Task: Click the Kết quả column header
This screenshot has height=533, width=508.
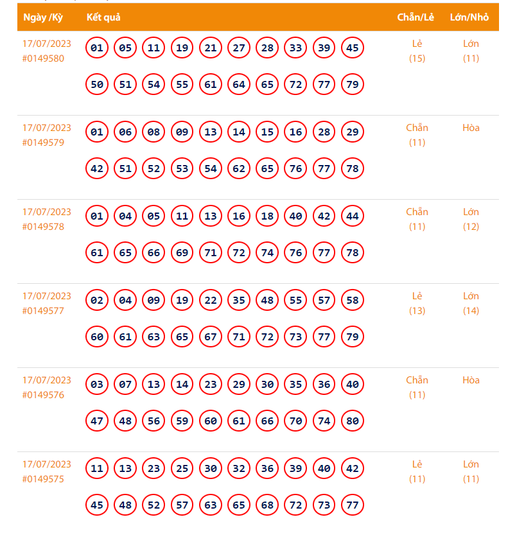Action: click(103, 17)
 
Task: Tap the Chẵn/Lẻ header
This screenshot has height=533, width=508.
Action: click(416, 17)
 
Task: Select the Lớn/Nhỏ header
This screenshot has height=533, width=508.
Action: click(469, 17)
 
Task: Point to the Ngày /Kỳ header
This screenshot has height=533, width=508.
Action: click(43, 17)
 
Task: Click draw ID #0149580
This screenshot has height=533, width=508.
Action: click(43, 58)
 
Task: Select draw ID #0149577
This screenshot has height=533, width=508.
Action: click(43, 311)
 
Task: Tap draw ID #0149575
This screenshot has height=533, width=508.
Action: click(43, 479)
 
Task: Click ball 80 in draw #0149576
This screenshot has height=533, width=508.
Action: click(353, 421)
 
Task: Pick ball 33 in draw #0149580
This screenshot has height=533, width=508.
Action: click(295, 48)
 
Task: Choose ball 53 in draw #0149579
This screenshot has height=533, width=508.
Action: click(182, 169)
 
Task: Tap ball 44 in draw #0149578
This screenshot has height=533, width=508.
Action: click(353, 216)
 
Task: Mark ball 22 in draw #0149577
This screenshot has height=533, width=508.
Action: click(211, 301)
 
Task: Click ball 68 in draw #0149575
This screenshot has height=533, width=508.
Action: click(267, 505)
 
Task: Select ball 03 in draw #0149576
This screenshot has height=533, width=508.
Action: click(97, 385)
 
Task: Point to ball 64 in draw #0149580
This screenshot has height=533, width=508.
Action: click(239, 85)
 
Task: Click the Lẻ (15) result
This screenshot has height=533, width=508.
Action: click(417, 51)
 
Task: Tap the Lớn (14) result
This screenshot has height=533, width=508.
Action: click(471, 304)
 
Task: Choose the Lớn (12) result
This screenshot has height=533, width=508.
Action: click(471, 220)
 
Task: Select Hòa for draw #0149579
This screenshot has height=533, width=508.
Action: click(471, 128)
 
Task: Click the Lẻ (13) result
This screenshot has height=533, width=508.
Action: click(417, 304)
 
